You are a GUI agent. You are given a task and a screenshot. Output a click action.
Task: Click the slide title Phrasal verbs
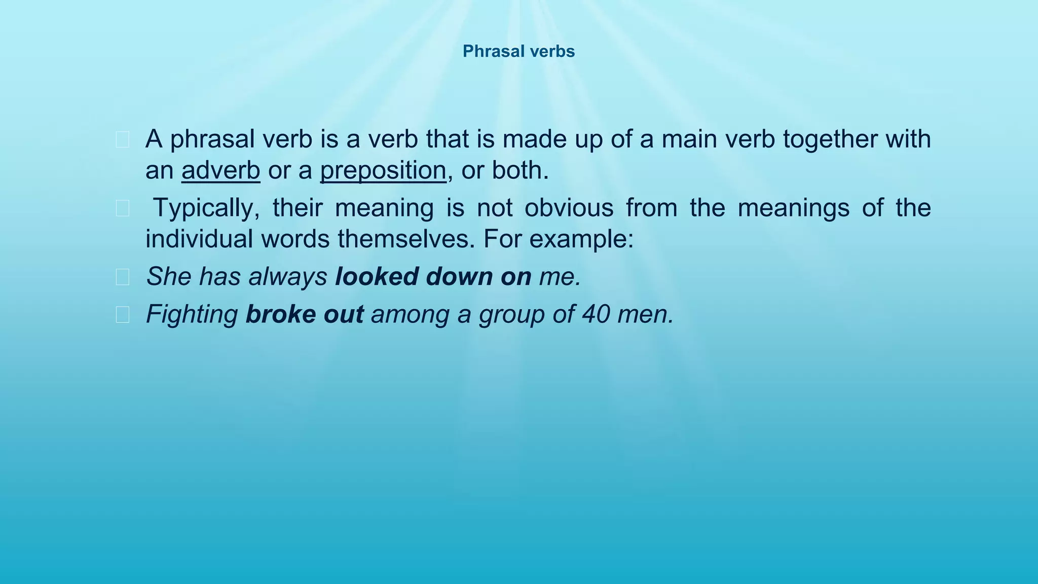coord(518,51)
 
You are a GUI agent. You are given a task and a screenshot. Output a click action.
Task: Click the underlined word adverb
coord(220,170)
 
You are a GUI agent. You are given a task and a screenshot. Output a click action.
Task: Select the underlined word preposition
coord(383,170)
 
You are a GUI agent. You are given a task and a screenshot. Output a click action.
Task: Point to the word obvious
coord(569,208)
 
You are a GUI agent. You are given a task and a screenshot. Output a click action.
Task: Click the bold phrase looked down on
coord(433,277)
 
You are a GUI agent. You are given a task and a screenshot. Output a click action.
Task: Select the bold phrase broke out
coord(304,315)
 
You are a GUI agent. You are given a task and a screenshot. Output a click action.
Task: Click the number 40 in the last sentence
coord(596,315)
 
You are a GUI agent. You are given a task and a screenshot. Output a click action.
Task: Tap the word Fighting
coord(192,315)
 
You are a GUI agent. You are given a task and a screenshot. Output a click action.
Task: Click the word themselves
coord(406,239)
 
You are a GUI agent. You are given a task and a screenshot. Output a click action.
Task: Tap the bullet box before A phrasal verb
coord(122,140)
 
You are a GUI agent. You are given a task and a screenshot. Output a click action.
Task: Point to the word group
coord(511,315)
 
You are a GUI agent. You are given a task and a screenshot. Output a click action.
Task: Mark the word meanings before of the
coord(793,208)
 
